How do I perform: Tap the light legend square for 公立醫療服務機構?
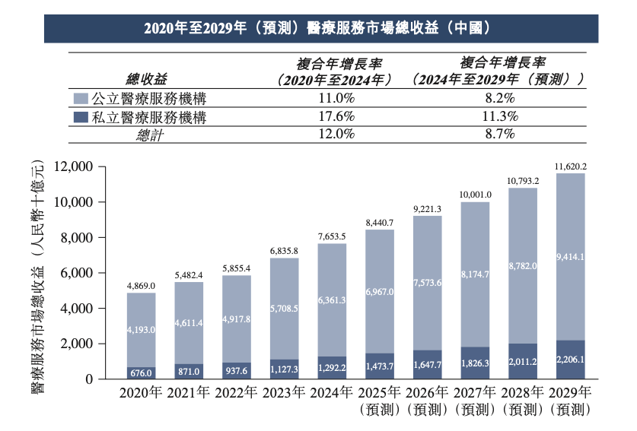click(x=81, y=99)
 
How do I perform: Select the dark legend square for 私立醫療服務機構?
click(x=81, y=117)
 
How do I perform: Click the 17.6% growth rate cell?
click(x=334, y=117)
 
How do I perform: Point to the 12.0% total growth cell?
click(x=334, y=135)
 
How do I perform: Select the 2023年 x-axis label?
click(x=284, y=393)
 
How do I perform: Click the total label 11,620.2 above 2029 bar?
click(x=570, y=165)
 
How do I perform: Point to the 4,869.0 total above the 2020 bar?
click(x=141, y=285)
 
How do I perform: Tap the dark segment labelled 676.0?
click(x=141, y=372)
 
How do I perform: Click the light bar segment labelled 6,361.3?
click(x=332, y=299)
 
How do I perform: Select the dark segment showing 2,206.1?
click(x=570, y=359)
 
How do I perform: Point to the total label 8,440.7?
click(x=380, y=222)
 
